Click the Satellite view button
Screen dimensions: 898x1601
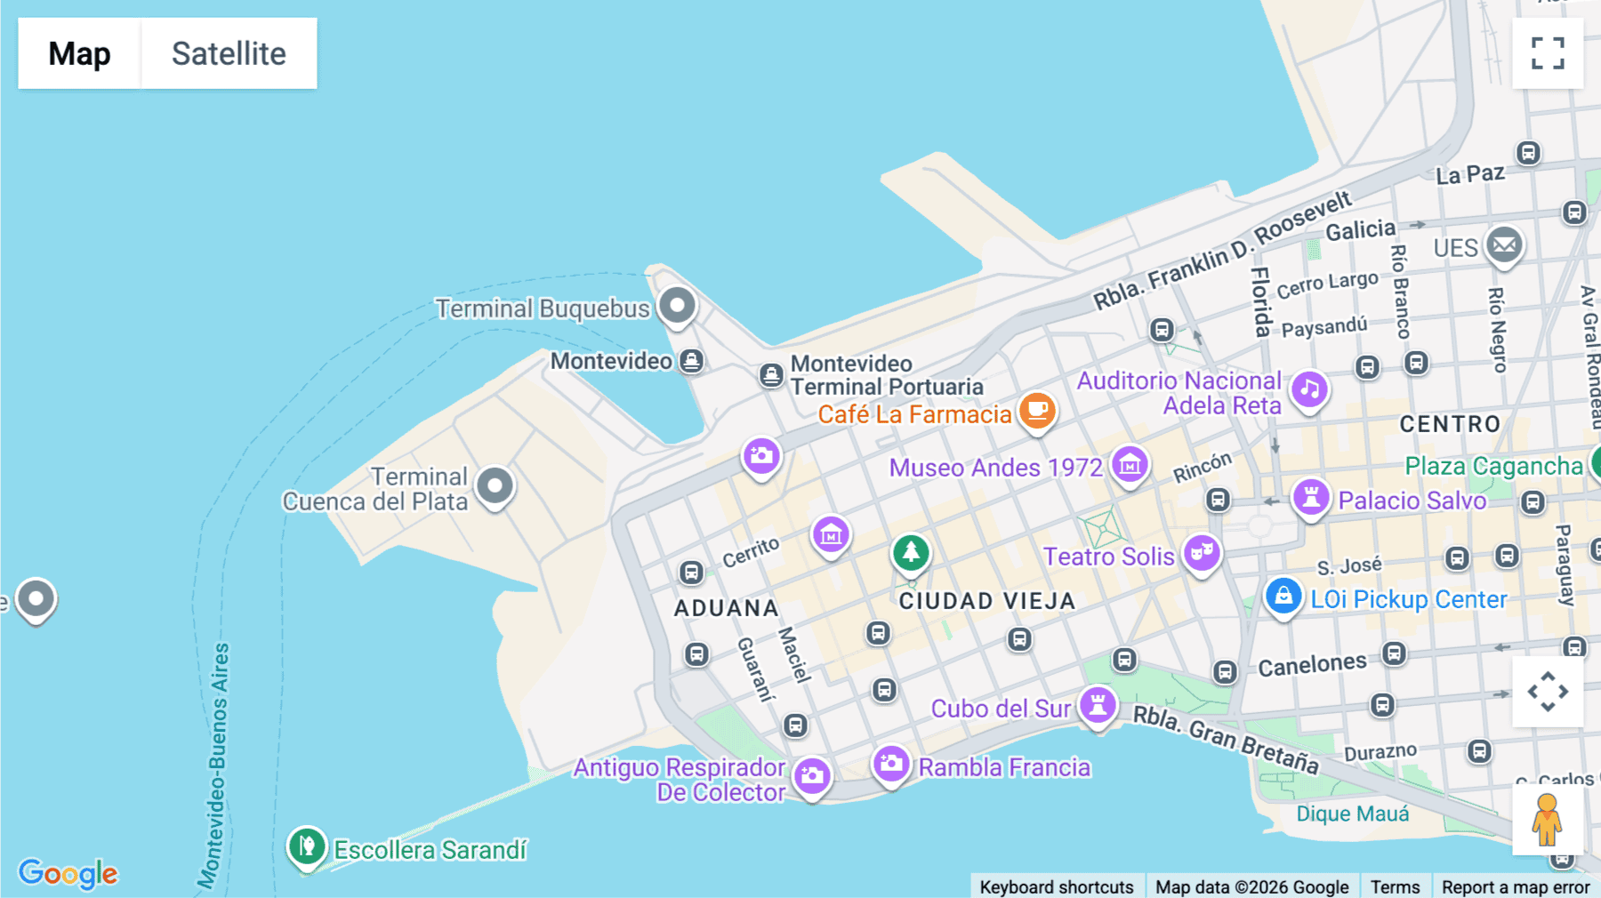[x=229, y=53]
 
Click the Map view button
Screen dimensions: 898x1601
[x=79, y=53]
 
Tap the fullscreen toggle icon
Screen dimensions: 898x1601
[x=1548, y=53]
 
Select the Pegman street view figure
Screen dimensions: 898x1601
[x=1547, y=819]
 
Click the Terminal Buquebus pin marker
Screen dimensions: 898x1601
[x=677, y=305]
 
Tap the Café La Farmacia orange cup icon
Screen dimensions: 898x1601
[x=1037, y=411]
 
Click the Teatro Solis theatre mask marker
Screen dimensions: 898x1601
[x=1202, y=553]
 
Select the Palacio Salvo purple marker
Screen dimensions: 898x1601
[x=1311, y=497]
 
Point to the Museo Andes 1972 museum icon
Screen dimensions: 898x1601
[x=1130, y=464]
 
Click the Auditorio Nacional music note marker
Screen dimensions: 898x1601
[x=1309, y=389]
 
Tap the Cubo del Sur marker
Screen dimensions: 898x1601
[x=1098, y=705]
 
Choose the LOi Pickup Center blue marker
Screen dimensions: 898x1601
[x=1283, y=596]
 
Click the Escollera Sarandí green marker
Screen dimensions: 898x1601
[x=307, y=846]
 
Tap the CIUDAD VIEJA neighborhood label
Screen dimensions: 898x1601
[x=987, y=602]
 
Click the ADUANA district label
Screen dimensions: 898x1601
[x=727, y=608]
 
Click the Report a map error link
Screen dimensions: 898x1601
[x=1516, y=886]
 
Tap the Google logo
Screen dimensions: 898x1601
[x=68, y=873]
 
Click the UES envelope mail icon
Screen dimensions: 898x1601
[x=1505, y=245]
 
